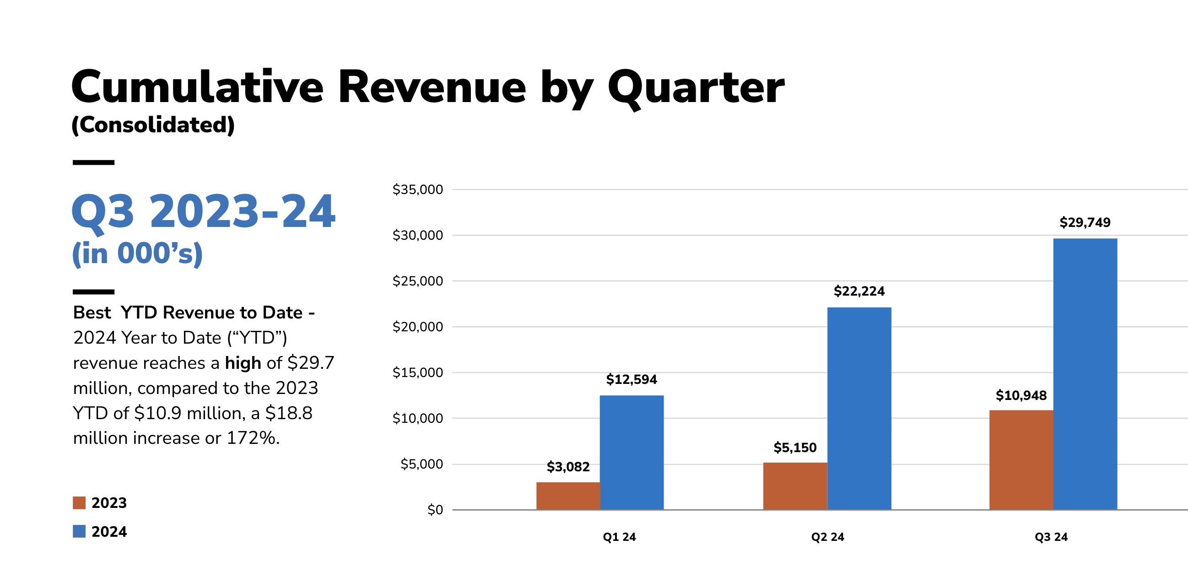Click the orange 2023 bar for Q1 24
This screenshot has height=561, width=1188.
tap(568, 496)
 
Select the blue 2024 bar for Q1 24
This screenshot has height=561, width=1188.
tap(632, 452)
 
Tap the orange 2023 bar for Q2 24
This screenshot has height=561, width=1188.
tap(794, 486)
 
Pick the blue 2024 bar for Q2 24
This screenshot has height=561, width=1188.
tap(859, 408)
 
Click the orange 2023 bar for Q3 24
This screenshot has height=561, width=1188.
tap(1021, 459)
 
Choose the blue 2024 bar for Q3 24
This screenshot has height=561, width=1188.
tap(1085, 374)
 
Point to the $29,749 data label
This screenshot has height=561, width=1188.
tap(1085, 222)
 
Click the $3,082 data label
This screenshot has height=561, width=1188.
tap(568, 467)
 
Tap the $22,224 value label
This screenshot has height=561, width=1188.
tap(859, 291)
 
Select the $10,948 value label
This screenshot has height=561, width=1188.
tap(1021, 395)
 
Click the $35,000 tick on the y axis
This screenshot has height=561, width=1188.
tap(417, 189)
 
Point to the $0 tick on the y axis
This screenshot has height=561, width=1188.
tap(435, 510)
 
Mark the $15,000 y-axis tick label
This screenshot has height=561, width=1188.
tap(417, 372)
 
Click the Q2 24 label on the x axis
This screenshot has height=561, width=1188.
tap(827, 537)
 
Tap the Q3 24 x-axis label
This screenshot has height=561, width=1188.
tap(1051, 537)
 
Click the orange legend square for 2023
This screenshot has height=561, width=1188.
tap(79, 502)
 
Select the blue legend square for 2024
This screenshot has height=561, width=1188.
tap(79, 532)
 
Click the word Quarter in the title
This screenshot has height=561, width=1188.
tap(696, 87)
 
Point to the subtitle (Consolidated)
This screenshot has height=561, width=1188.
tap(153, 125)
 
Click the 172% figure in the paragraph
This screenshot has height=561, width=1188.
tap(253, 438)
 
